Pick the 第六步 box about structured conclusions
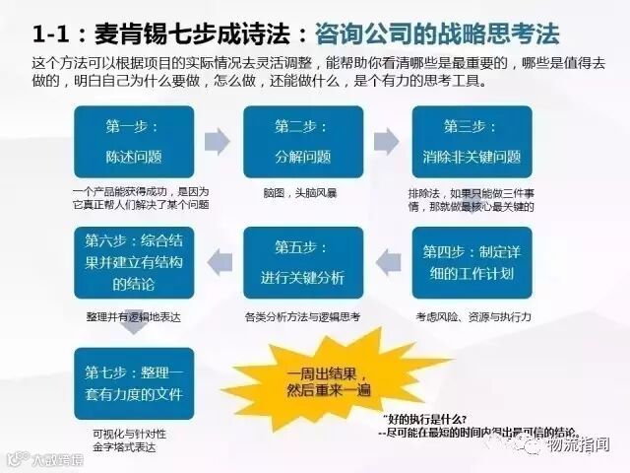[133, 262]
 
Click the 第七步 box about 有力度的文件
[133, 382]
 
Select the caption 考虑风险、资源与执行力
[472, 317]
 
